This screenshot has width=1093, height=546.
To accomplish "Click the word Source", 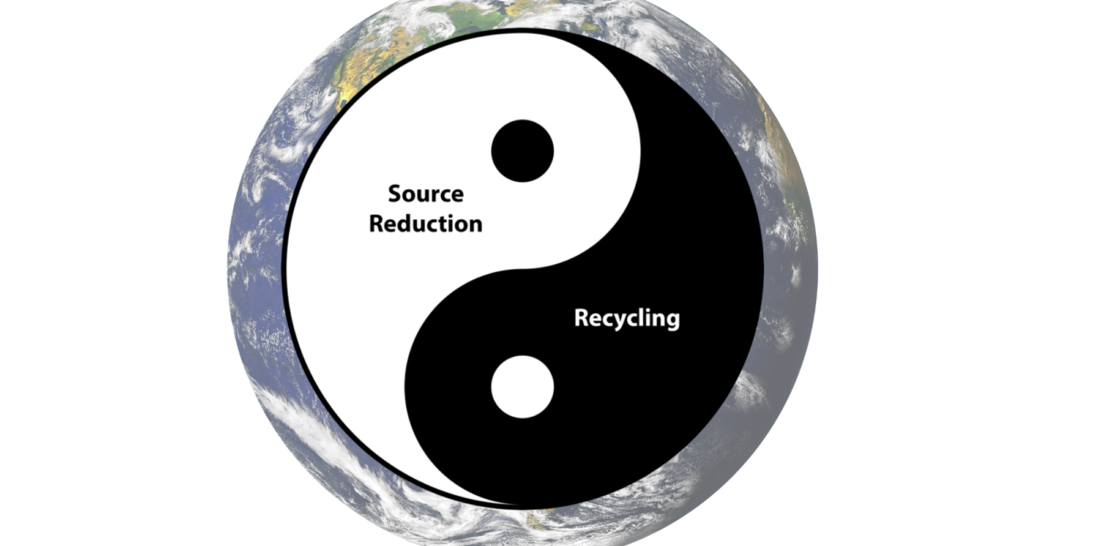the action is (x=426, y=194).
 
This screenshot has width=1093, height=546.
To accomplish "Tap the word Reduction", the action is (x=426, y=224).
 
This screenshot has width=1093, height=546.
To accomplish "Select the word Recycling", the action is (x=627, y=318).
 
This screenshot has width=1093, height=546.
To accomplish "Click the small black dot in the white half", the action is (x=523, y=151).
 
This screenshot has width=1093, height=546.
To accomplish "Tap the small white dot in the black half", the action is (x=523, y=387).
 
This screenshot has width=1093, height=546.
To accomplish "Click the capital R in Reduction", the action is (x=377, y=224).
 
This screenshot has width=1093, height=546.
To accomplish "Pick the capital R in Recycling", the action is (x=582, y=318).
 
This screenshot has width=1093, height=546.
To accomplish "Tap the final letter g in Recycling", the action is (x=673, y=321).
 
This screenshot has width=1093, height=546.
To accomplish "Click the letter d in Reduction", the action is (x=408, y=224).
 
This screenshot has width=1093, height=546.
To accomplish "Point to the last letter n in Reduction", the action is (x=475, y=227).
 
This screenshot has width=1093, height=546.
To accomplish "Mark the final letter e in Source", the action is (x=457, y=197).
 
